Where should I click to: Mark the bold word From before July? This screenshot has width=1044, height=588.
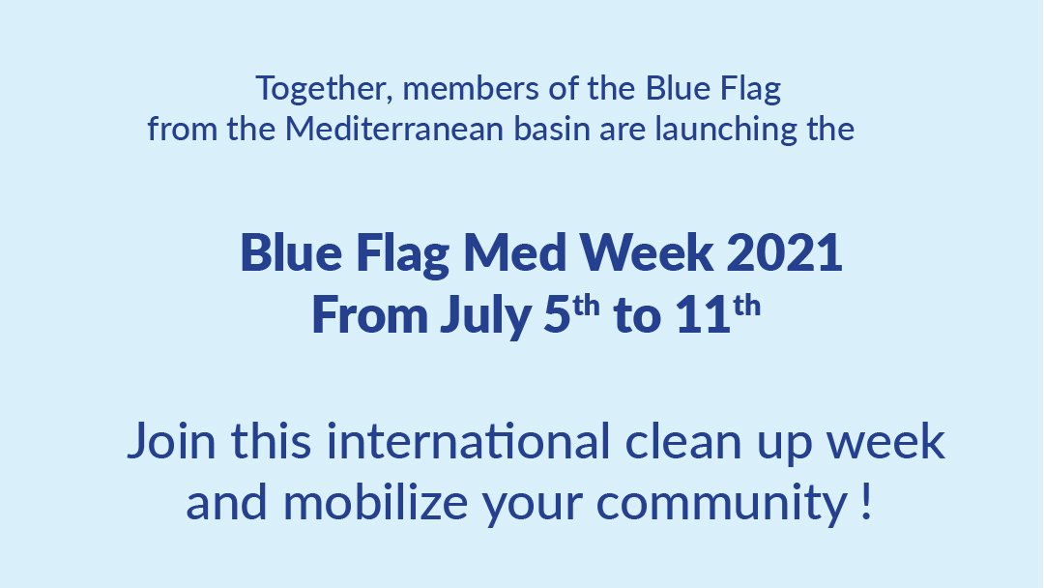[x=368, y=317]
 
